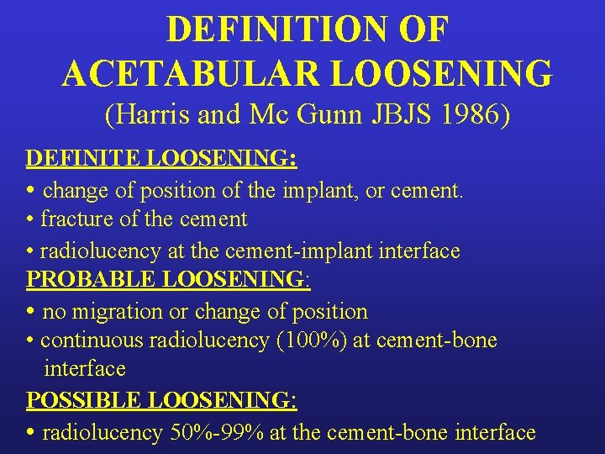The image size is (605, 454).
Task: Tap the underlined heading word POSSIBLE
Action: point(78,400)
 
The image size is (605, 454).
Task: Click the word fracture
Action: point(78,219)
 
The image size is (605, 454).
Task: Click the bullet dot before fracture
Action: point(30,220)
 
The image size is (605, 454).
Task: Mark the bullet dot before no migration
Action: point(30,312)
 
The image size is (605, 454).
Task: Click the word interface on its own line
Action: point(85,369)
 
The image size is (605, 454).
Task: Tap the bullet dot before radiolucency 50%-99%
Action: point(30,433)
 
